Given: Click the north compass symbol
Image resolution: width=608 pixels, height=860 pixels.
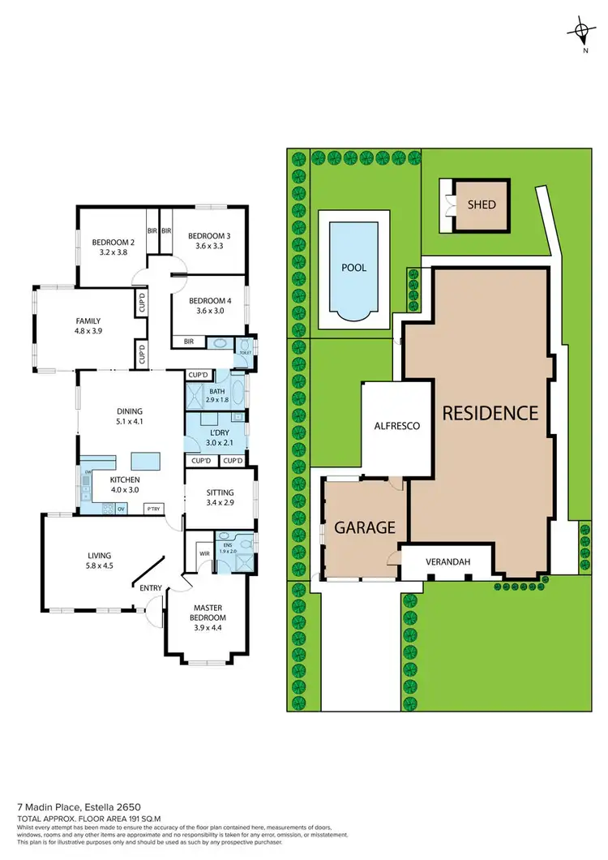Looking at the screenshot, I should coord(581,32).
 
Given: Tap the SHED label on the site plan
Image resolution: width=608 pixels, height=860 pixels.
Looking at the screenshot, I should coord(481,205).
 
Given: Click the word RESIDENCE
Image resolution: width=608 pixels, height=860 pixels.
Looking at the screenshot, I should coord(490,412).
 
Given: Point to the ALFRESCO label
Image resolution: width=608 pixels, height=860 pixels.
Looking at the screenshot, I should coord(396,425).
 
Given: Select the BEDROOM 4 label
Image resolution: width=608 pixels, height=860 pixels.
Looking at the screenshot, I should coord(209,301).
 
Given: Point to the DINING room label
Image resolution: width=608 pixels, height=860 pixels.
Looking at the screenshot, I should coord(130,410).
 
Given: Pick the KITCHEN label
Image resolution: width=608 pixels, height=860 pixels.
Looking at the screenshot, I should coord(126,479).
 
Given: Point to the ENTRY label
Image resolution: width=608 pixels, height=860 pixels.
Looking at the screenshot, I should coord(151,588).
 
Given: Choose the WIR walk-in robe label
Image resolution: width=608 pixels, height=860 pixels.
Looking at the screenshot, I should coord(203,555).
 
